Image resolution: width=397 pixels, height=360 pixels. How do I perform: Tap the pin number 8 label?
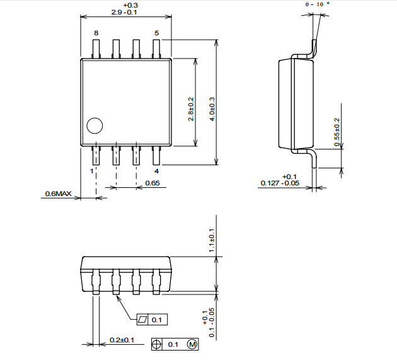(96, 33)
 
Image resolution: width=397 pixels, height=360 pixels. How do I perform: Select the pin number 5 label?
(157, 33)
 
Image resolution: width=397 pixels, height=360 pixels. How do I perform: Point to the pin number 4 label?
(157, 171)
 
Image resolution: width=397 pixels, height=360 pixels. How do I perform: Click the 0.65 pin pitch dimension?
(152, 183)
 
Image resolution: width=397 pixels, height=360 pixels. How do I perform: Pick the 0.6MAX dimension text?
(58, 194)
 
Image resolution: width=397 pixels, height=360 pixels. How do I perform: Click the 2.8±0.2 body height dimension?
(191, 109)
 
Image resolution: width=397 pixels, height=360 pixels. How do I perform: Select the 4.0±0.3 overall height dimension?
(212, 109)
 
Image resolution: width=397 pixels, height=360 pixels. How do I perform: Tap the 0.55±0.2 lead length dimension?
(337, 132)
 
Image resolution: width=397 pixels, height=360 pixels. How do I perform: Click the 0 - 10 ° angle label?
(318, 4)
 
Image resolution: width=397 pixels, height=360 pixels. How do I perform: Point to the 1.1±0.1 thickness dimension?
(211, 240)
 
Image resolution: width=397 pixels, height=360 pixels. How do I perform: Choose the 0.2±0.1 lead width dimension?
(122, 340)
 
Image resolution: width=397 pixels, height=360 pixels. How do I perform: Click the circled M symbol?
(192, 344)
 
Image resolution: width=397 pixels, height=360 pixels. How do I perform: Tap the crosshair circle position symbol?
(156, 344)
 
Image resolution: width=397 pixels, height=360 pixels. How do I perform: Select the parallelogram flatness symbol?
(142, 320)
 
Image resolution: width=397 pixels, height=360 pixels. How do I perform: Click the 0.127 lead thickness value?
(270, 183)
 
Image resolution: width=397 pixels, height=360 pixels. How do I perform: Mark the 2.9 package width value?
(117, 12)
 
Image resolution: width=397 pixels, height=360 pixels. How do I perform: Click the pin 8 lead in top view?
(96, 49)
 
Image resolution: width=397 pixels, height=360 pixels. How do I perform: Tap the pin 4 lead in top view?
(157, 155)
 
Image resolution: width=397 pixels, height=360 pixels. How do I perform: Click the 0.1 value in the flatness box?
(156, 320)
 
